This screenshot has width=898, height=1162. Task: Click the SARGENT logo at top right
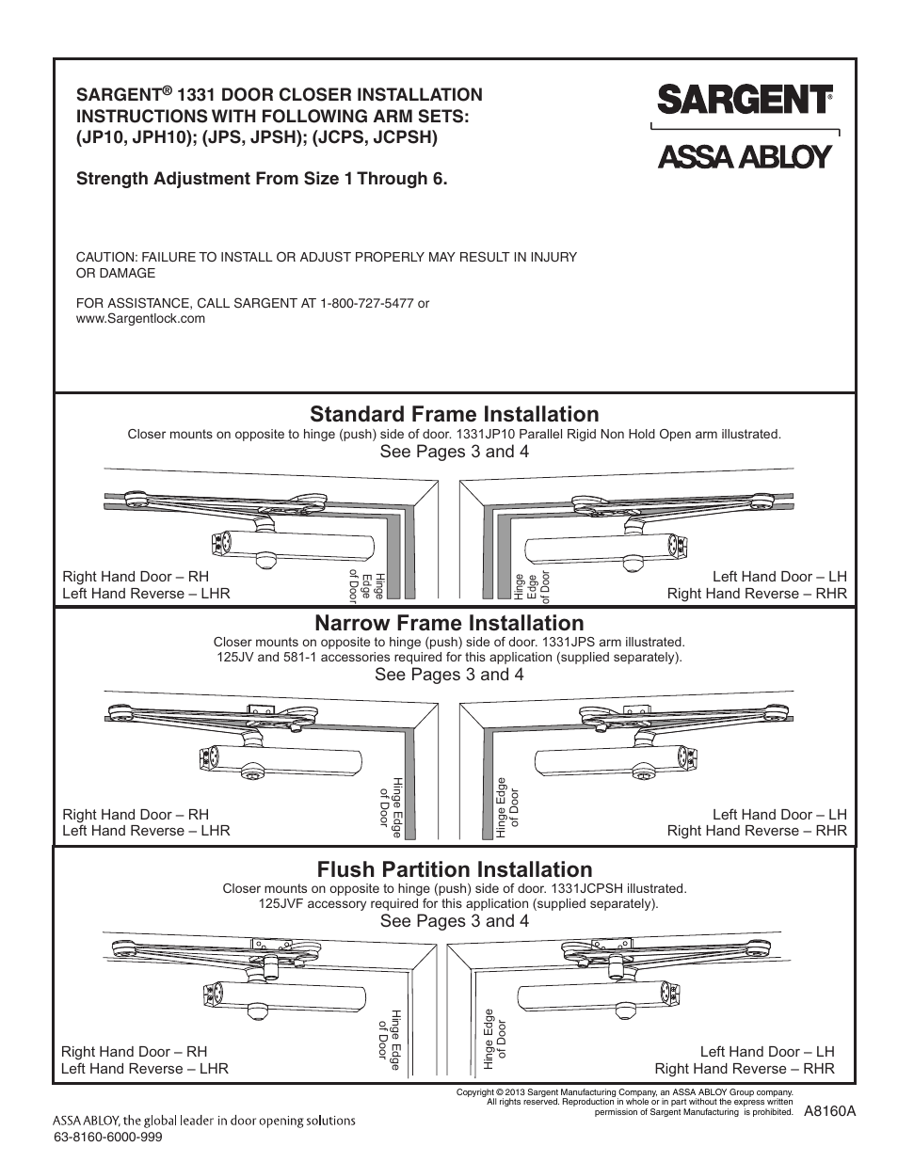pos(744,98)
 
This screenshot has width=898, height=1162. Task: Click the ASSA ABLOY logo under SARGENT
pos(744,155)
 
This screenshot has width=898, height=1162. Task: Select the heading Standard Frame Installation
pos(454,414)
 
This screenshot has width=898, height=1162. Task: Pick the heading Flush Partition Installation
pos(454,868)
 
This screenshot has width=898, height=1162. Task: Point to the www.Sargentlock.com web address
pos(140,319)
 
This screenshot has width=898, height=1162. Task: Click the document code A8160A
pos(829,1110)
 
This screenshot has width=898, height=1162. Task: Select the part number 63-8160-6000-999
pos(109,1137)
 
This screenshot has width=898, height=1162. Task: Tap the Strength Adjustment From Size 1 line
pos(262,178)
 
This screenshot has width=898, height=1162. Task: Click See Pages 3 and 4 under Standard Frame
pos(454,452)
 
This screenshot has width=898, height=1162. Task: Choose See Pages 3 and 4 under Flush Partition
pos(454,920)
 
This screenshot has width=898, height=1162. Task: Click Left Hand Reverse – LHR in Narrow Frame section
pos(146,831)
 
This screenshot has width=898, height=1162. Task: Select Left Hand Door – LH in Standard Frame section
pos(779,576)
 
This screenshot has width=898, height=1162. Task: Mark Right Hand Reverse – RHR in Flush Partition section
pos(745,1068)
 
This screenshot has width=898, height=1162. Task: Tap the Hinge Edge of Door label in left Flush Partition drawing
pos(390,1040)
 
